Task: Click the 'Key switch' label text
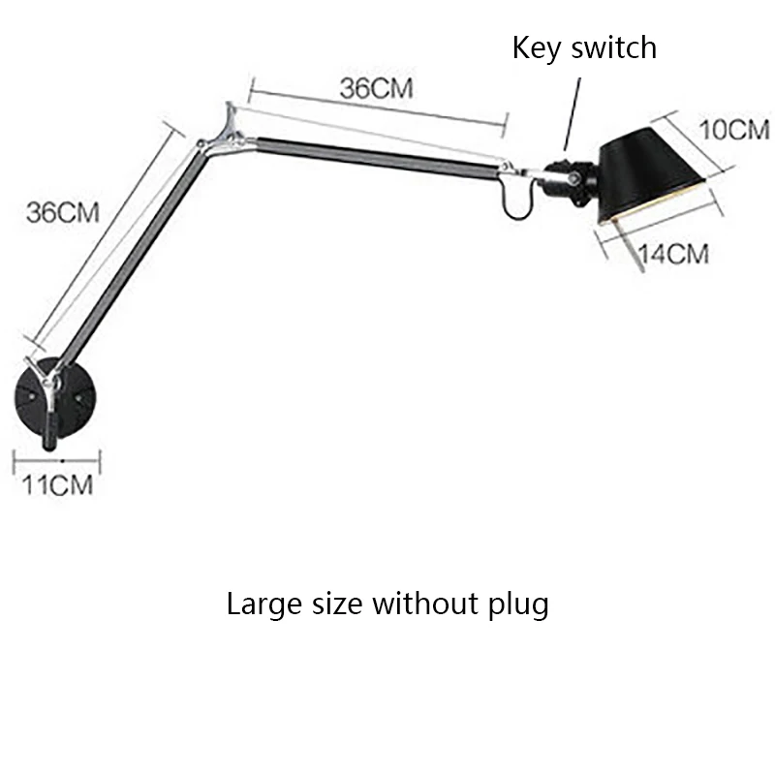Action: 584,47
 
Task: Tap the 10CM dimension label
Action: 734,129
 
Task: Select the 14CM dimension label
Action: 674,255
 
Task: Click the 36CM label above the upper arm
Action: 376,88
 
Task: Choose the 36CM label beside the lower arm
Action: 63,212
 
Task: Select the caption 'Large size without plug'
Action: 387,604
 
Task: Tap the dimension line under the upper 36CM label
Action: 378,108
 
